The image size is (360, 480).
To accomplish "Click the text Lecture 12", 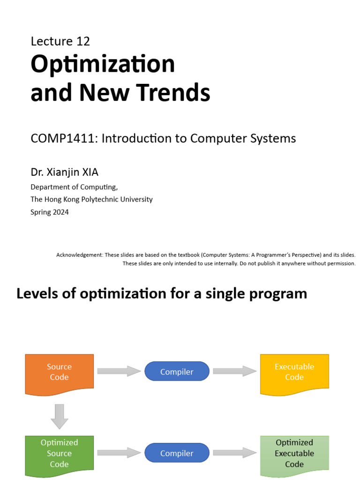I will [x=60, y=41].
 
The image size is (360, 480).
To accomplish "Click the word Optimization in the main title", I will [x=103, y=64].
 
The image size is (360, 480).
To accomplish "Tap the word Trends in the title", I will [x=175, y=92].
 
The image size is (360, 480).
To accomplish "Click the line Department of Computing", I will [x=74, y=187].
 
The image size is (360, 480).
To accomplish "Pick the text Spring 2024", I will [x=50, y=212].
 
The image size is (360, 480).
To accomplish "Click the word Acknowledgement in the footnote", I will [x=79, y=255].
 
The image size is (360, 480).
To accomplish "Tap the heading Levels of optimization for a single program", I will [x=162, y=293].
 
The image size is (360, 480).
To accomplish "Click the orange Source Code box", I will [x=60, y=372].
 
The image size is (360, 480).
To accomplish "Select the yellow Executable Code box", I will [x=294, y=372].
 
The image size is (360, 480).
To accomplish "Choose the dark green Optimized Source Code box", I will [x=60, y=453].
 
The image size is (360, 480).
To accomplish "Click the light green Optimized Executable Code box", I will [x=294, y=453].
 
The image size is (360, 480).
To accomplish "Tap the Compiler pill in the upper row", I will [x=177, y=372].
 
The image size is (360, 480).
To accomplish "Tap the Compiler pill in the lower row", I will [x=177, y=453].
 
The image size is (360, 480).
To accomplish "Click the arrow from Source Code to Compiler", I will [x=119, y=371].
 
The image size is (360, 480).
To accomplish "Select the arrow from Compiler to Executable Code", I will [x=235, y=371].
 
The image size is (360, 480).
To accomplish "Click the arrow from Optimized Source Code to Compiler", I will [x=119, y=453].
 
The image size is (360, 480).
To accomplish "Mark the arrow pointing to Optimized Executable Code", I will [x=235, y=453].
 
